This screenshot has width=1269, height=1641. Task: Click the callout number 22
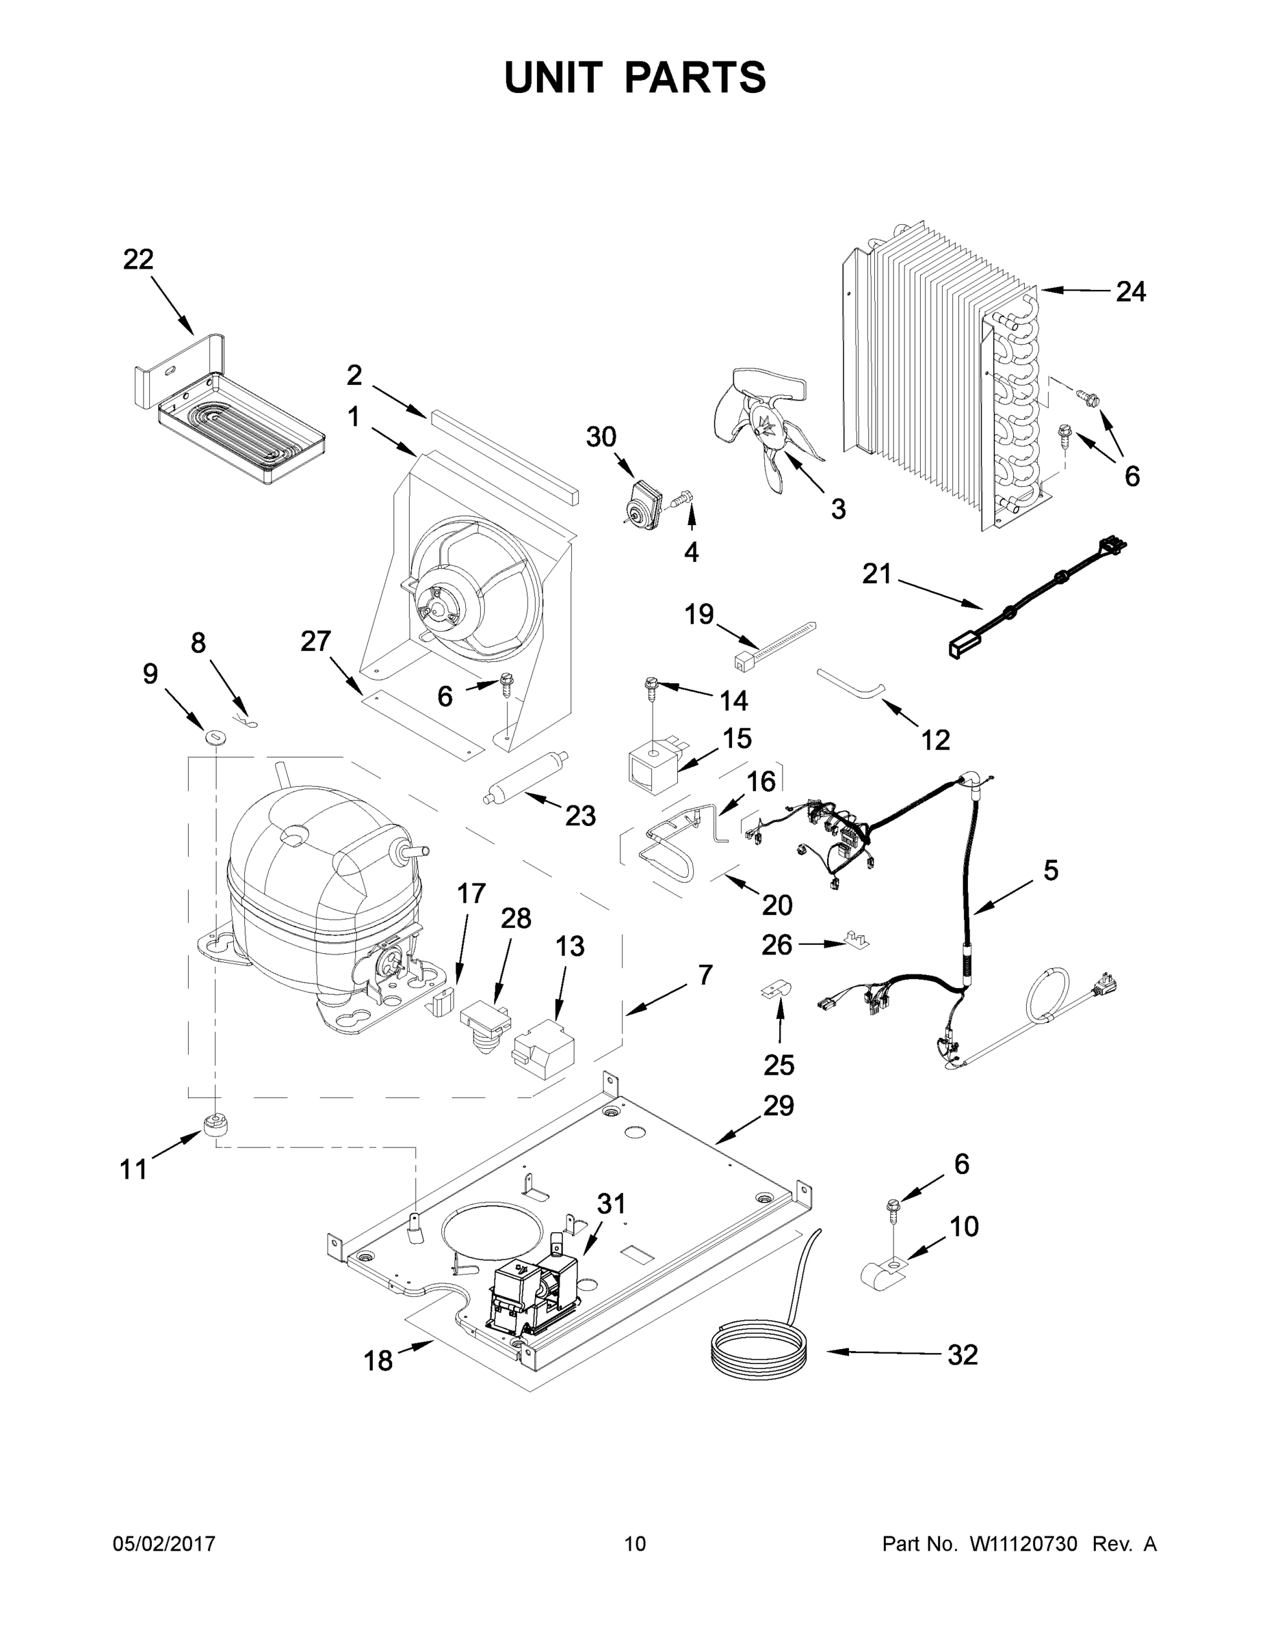(x=138, y=259)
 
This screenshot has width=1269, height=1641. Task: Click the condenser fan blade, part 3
(x=767, y=425)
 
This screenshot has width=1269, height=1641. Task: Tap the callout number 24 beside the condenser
(x=1130, y=291)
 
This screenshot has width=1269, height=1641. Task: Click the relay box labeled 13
(x=542, y=1047)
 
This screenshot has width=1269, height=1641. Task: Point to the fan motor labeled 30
(x=644, y=502)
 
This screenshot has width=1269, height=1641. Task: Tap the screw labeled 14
(x=652, y=685)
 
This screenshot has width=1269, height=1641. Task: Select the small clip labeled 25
(x=777, y=990)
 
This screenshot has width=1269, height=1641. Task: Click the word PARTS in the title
(x=696, y=77)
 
